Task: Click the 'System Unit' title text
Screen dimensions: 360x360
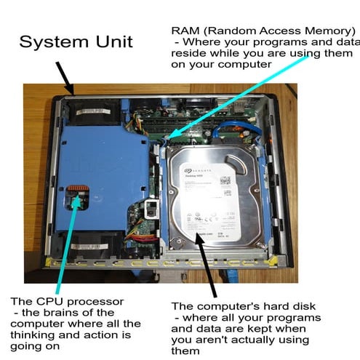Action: [76, 41]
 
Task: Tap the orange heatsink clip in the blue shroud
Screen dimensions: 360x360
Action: [77, 195]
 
